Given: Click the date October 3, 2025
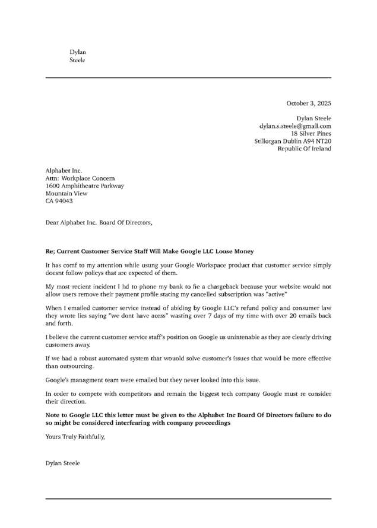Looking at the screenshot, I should tap(309, 103).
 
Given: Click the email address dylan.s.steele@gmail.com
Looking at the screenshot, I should tap(295, 126).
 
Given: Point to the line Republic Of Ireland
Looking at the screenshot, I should tap(304, 149).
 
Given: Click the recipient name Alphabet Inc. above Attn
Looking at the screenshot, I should tap(64, 171).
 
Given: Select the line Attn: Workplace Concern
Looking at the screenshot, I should tap(80, 178).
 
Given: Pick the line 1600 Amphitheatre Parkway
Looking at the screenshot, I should tap(85, 185).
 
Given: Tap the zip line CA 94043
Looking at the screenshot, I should tap(59, 201).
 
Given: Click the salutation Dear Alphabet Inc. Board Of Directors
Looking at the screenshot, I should tap(99, 223).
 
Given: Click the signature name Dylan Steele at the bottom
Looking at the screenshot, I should tap(62, 463).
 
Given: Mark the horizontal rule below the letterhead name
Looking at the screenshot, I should tap(188, 78).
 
